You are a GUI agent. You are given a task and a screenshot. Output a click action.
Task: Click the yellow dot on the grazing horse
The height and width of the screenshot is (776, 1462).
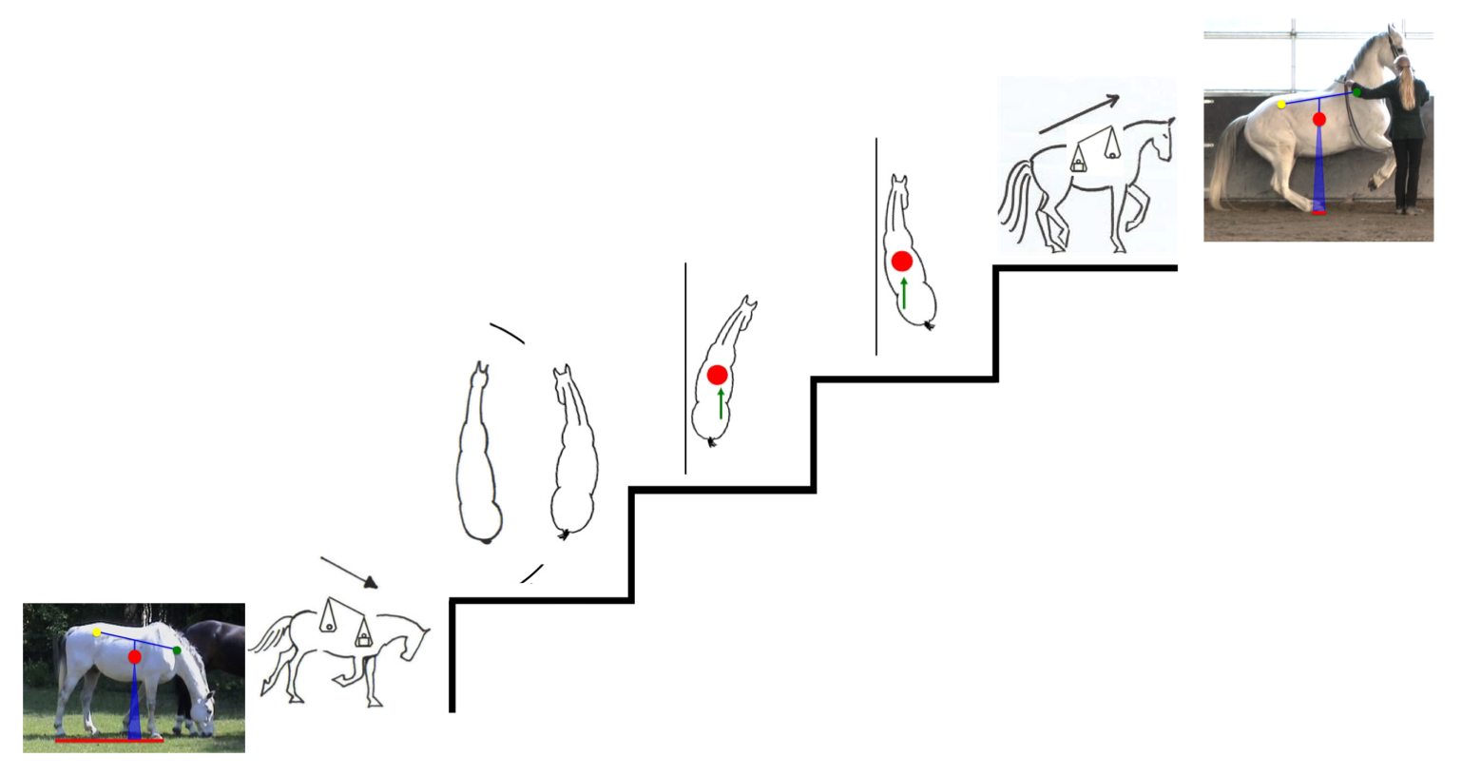[x=97, y=632]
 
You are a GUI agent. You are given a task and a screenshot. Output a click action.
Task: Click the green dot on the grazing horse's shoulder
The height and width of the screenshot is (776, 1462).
[x=177, y=650]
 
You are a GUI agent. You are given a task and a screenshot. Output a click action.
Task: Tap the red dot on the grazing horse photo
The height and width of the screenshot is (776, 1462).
[x=135, y=657]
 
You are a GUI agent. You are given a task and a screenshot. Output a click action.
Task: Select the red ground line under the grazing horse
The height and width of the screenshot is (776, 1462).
[x=109, y=740]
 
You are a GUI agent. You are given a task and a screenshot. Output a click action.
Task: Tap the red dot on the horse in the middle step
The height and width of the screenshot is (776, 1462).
[x=717, y=375]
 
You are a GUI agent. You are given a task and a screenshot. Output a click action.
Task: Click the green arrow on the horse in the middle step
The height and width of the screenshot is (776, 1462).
[x=721, y=403]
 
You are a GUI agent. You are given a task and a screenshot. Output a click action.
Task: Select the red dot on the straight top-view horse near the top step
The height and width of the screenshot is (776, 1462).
[x=902, y=261]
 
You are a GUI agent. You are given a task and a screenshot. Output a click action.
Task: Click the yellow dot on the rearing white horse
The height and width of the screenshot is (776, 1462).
[x=1281, y=105]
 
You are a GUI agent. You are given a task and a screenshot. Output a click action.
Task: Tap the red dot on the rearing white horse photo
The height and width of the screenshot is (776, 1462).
[x=1319, y=119]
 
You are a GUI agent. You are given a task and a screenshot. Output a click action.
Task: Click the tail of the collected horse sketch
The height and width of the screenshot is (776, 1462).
[x=1013, y=200]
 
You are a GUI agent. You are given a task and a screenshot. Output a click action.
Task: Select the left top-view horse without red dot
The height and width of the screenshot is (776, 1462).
[x=479, y=456]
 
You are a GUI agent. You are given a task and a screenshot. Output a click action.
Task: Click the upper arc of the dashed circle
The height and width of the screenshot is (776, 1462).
[x=507, y=332]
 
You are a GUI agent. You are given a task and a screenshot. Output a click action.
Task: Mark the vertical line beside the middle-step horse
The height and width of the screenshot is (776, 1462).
[x=685, y=371]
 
